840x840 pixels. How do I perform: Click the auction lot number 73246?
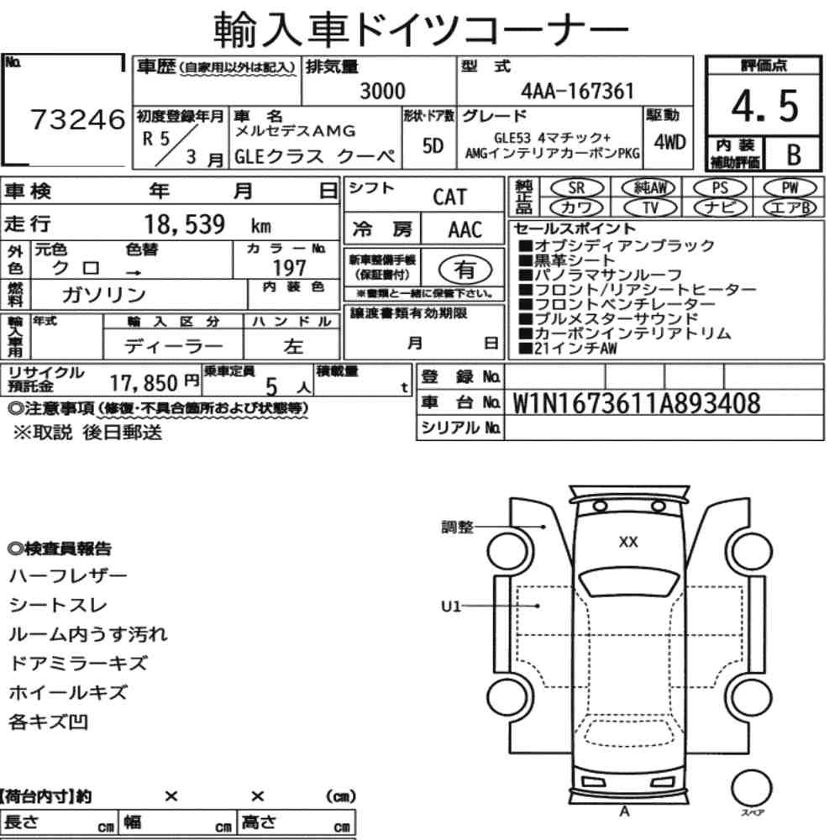[x=77, y=119]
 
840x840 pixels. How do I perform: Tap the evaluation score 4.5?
[x=764, y=106]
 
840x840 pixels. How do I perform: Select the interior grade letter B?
[x=794, y=155]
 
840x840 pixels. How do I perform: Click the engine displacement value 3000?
[x=382, y=91]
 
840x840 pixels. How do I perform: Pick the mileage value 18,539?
[x=184, y=224]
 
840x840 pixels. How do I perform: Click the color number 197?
[x=289, y=268]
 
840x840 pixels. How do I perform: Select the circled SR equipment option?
[x=577, y=188]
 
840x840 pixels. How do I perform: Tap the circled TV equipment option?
[x=650, y=207]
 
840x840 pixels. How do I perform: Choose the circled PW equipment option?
[x=790, y=188]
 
